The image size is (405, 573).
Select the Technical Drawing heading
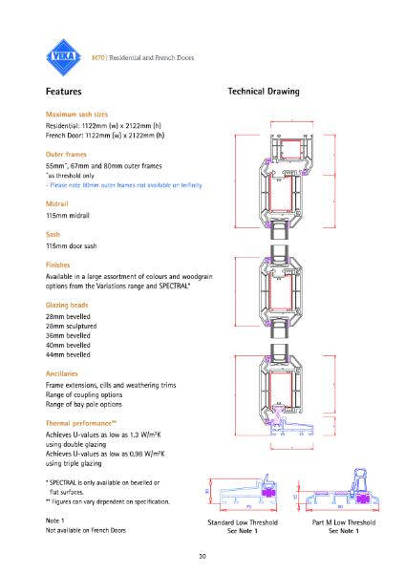263,93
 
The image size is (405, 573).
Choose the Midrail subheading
58,204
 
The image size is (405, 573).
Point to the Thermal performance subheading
81,422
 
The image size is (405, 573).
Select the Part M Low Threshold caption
342,522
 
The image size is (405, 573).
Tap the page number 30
202,556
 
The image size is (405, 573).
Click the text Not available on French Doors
86,529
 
